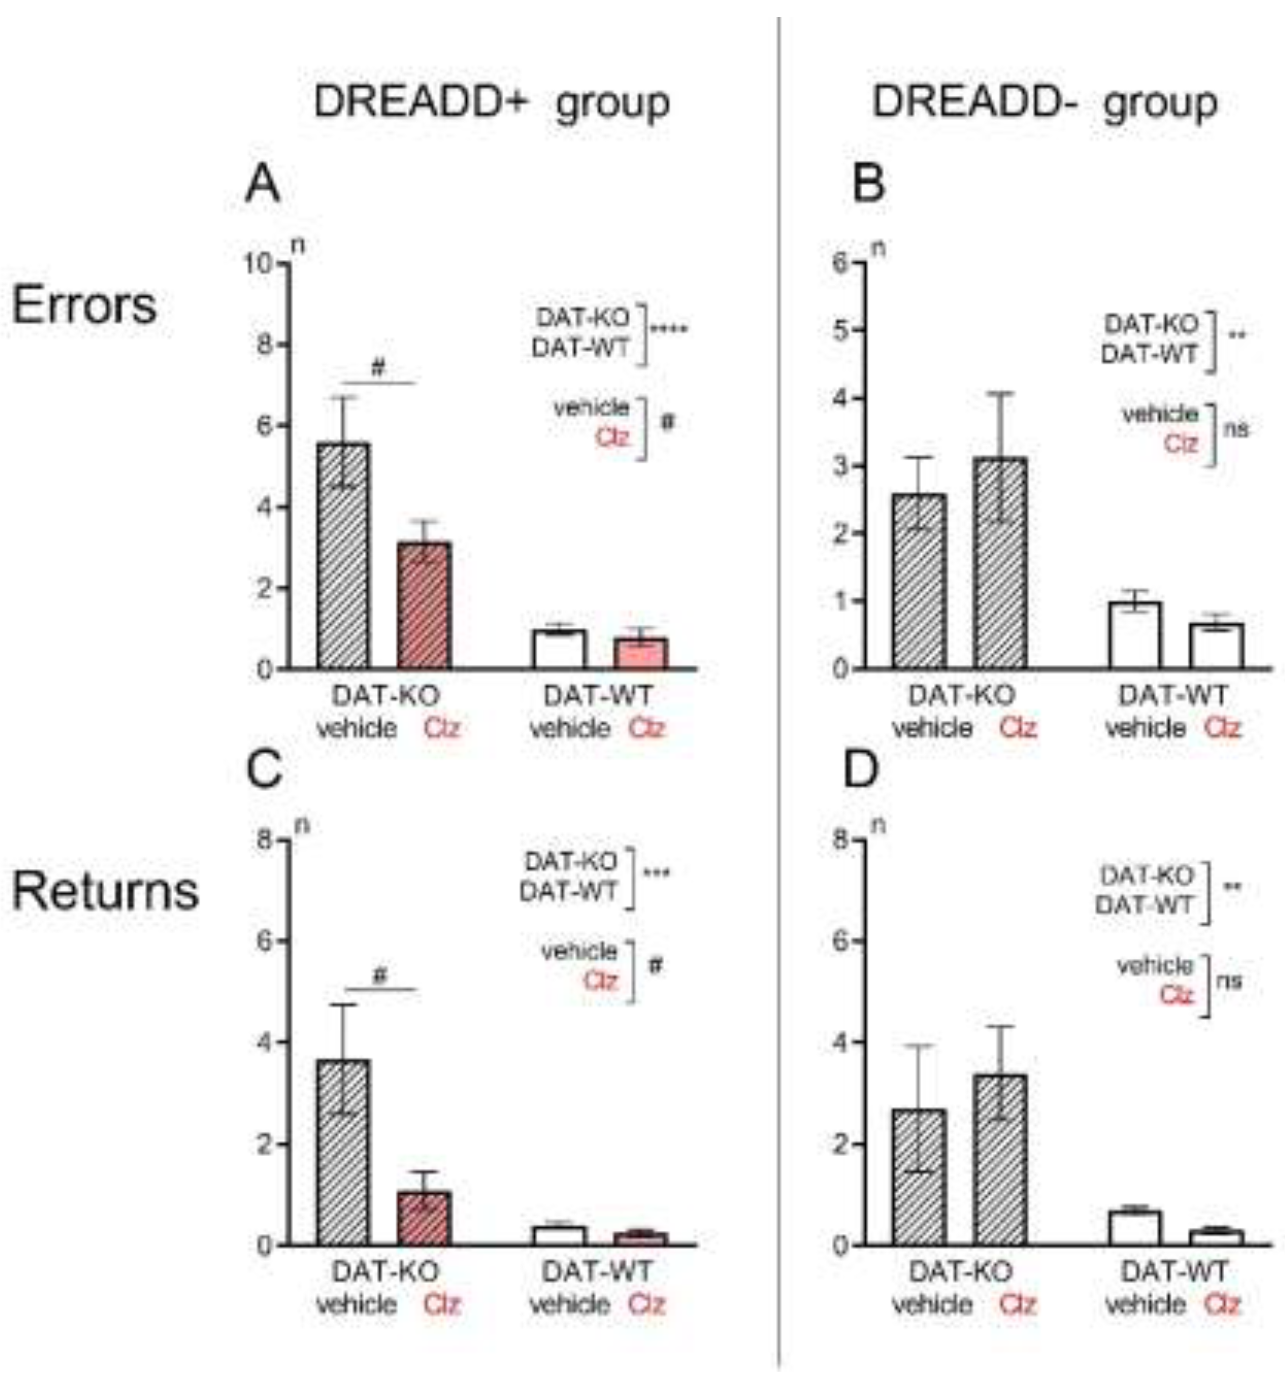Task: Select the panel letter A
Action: click(263, 185)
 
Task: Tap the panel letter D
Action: click(860, 770)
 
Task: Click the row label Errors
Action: click(84, 305)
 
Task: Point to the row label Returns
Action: click(105, 892)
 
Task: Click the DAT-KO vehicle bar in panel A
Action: click(343, 555)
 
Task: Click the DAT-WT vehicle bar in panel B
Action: click(1134, 635)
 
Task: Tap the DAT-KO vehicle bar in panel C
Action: click(343, 1151)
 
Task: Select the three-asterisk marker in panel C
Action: click(656, 873)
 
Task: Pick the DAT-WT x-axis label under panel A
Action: click(598, 695)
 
